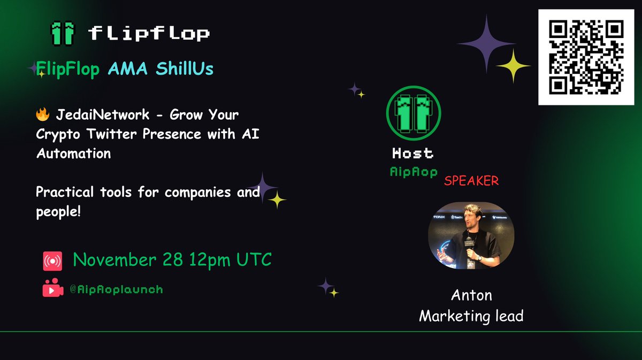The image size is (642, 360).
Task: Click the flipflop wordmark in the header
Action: point(149,34)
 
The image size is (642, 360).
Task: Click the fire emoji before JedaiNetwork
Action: point(42,115)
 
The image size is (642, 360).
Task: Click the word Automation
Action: point(73,153)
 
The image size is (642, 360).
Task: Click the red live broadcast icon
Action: point(53,262)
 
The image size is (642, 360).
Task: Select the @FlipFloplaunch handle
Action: point(116,289)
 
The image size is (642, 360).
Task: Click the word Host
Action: point(412,154)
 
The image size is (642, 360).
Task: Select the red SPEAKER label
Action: point(471,181)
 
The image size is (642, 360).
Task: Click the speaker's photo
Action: point(471,235)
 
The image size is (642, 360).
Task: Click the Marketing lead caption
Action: point(471,316)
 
